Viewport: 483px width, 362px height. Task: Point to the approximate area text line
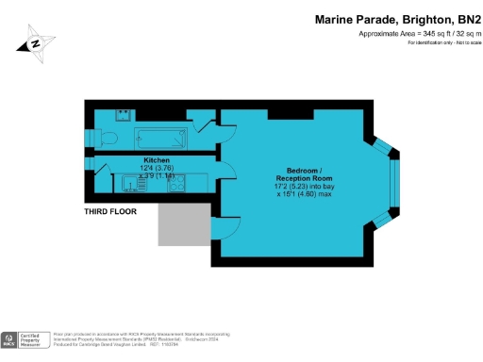click(413, 34)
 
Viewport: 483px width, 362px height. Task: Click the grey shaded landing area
click(183, 222)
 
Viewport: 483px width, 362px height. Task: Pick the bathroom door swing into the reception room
click(226, 132)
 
